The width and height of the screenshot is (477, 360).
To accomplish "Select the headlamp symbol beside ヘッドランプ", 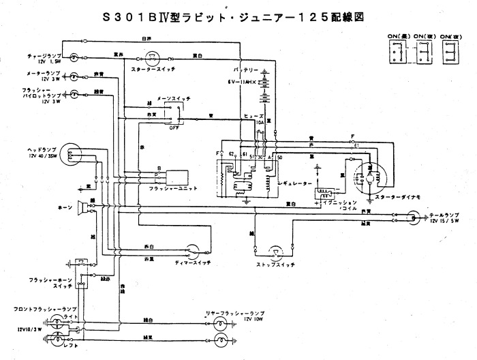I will (x=73, y=154).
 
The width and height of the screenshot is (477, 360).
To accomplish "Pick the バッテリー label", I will (x=244, y=70).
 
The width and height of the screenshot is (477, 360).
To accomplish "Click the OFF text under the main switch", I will (x=174, y=127).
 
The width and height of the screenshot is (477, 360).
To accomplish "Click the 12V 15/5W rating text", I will (x=445, y=222).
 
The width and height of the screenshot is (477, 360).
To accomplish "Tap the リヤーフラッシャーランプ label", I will (x=236, y=312).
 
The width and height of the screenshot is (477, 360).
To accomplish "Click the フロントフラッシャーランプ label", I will (x=31, y=310).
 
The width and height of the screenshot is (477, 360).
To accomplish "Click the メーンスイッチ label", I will (x=174, y=99).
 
